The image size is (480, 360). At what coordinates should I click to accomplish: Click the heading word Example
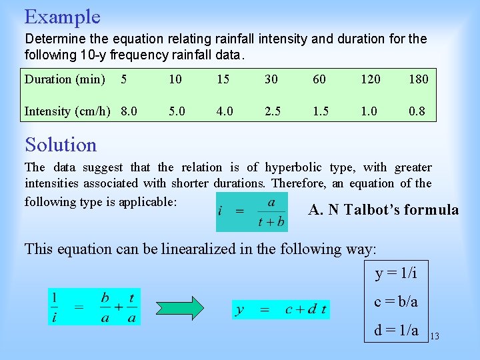[62, 17]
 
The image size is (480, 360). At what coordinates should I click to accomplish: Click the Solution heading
[61, 145]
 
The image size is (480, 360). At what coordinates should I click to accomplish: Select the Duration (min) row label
[65, 79]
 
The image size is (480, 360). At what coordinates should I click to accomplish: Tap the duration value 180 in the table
[418, 79]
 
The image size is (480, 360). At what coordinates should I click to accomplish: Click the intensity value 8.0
[129, 111]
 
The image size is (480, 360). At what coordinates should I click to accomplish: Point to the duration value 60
[319, 79]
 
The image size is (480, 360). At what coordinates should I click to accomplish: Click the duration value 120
[370, 79]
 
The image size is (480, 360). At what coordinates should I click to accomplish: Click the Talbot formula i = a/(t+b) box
[251, 212]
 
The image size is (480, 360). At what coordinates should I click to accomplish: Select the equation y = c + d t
[281, 309]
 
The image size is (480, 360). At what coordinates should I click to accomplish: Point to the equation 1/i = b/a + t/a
[94, 307]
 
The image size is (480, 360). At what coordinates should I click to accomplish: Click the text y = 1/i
[396, 273]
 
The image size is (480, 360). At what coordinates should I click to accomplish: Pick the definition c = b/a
[396, 301]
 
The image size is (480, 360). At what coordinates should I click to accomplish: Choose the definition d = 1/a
[396, 329]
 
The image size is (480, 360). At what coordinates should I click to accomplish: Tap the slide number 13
[434, 336]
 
